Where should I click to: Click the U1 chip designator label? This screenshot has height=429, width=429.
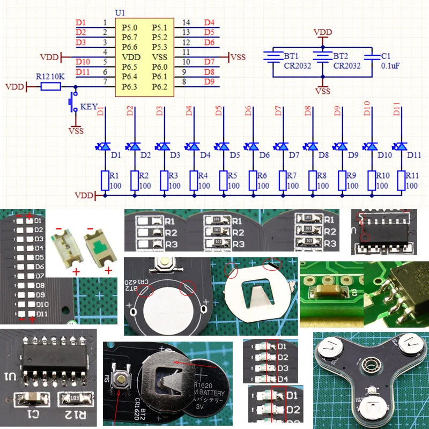[x=121, y=12]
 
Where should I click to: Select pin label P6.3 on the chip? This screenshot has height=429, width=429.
[x=130, y=87]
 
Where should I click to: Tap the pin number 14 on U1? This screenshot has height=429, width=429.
[x=186, y=23]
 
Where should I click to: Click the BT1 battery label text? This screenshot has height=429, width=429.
[x=291, y=56]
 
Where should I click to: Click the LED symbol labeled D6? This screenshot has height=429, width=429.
[x=253, y=146]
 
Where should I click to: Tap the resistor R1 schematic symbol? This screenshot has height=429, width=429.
[x=105, y=180]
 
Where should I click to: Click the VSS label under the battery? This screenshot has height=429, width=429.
[x=323, y=91]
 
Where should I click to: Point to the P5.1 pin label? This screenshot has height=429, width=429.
[x=159, y=27]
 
